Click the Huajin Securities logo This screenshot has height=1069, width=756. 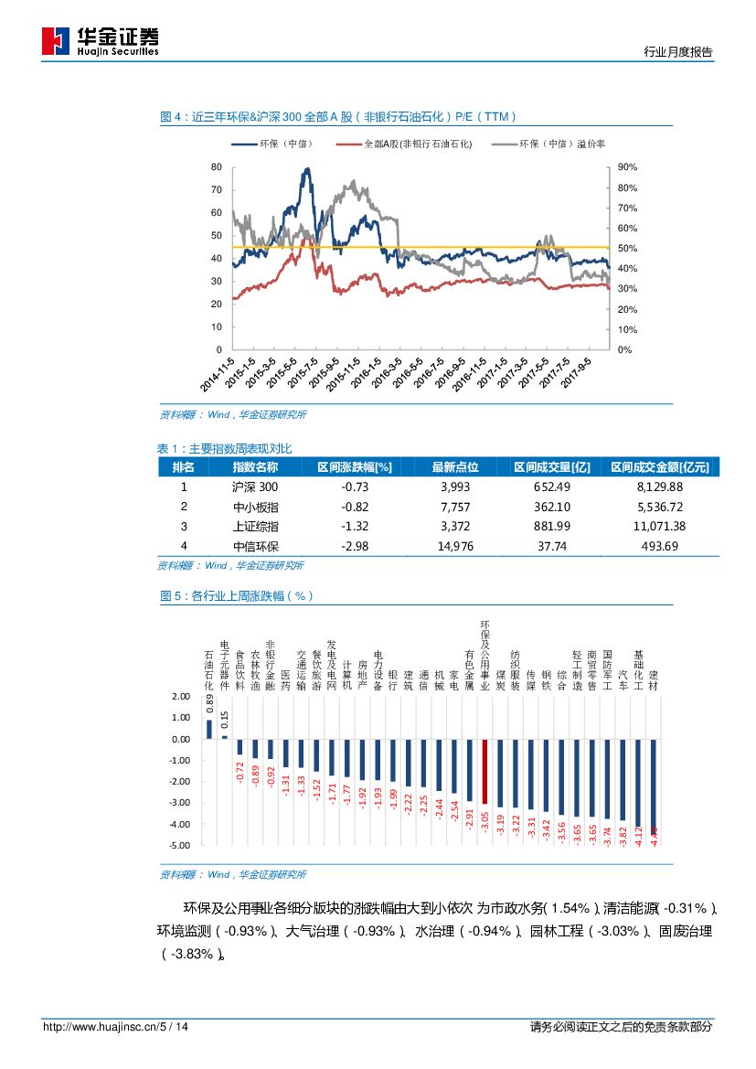pyautogui.click(x=101, y=41)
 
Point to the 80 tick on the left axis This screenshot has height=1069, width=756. pyautogui.click(x=216, y=167)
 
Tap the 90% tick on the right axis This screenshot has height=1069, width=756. pyautogui.click(x=627, y=167)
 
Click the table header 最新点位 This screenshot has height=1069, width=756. pyautogui.click(x=454, y=466)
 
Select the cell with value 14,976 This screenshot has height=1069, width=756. pyautogui.click(x=454, y=546)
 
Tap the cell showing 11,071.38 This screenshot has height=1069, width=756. pyautogui.click(x=659, y=526)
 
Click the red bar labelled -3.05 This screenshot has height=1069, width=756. pyautogui.click(x=484, y=772)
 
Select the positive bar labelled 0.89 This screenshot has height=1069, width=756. pyautogui.click(x=208, y=729)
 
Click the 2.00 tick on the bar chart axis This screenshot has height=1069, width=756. pyautogui.click(x=179, y=697)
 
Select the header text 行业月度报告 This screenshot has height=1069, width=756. pyautogui.click(x=678, y=52)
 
